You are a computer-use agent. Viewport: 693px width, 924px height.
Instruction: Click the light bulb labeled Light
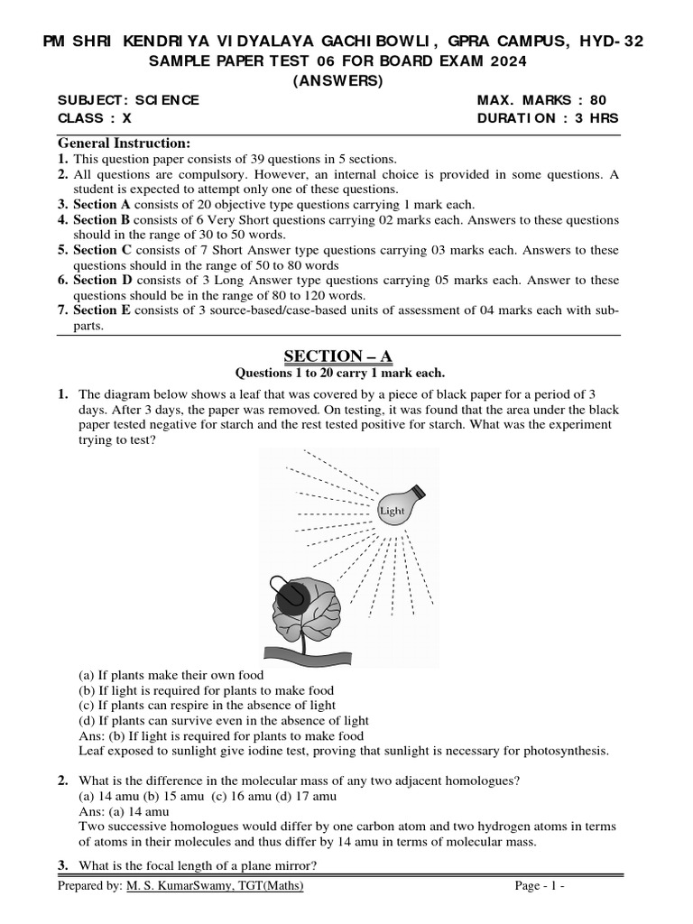pyautogui.click(x=398, y=508)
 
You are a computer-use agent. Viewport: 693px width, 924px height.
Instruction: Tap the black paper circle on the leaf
pyautogui.click(x=291, y=594)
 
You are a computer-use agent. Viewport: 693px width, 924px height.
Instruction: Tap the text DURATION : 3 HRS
pyautogui.click(x=548, y=118)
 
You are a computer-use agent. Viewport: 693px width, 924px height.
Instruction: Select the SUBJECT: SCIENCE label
pyautogui.click(x=128, y=100)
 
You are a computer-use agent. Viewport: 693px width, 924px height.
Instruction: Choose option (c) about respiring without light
pyautogui.click(x=208, y=705)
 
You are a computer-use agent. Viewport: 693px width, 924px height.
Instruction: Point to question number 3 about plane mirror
pyautogui.click(x=64, y=866)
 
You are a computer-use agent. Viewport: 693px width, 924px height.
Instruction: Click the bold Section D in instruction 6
pyautogui.click(x=102, y=281)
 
